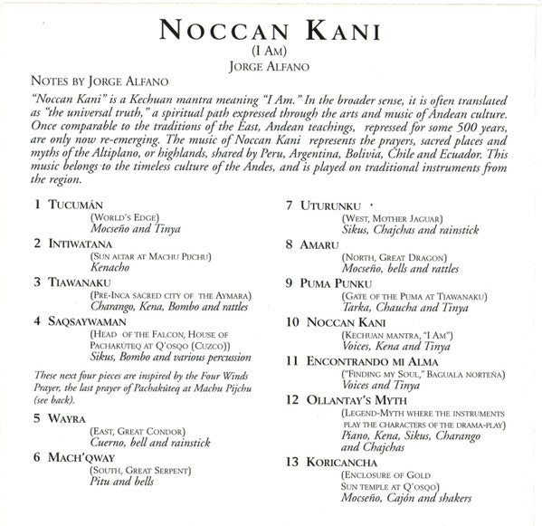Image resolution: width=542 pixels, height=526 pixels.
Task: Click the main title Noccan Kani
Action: [271, 29]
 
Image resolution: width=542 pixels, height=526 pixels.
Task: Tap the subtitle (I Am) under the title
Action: [271, 54]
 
